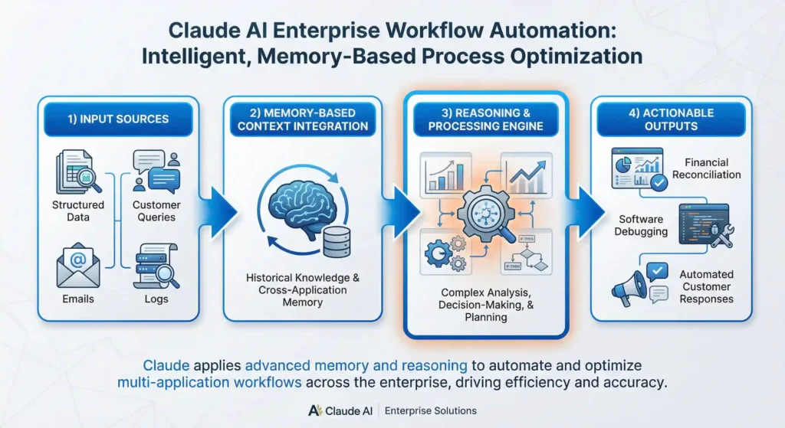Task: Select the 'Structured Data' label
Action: click(77, 211)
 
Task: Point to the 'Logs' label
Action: click(156, 299)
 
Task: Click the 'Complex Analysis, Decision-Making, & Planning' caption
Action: click(486, 305)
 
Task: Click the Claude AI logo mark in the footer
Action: click(314, 410)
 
